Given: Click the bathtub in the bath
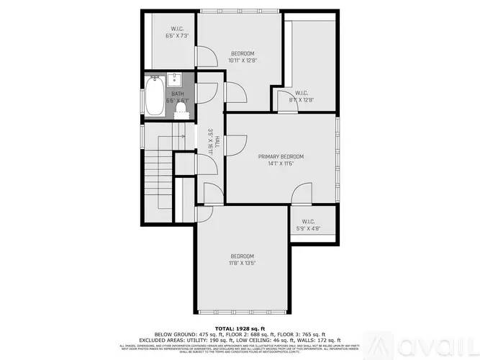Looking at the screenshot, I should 153,97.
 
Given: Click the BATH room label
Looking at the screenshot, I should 176,94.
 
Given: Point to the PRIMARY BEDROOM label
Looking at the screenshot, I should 281,156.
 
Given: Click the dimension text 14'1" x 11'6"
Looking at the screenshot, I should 281,163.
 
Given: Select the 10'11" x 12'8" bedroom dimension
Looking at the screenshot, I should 243,60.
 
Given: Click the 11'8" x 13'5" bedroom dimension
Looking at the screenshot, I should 242,264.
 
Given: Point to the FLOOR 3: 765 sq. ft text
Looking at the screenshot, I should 302,334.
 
